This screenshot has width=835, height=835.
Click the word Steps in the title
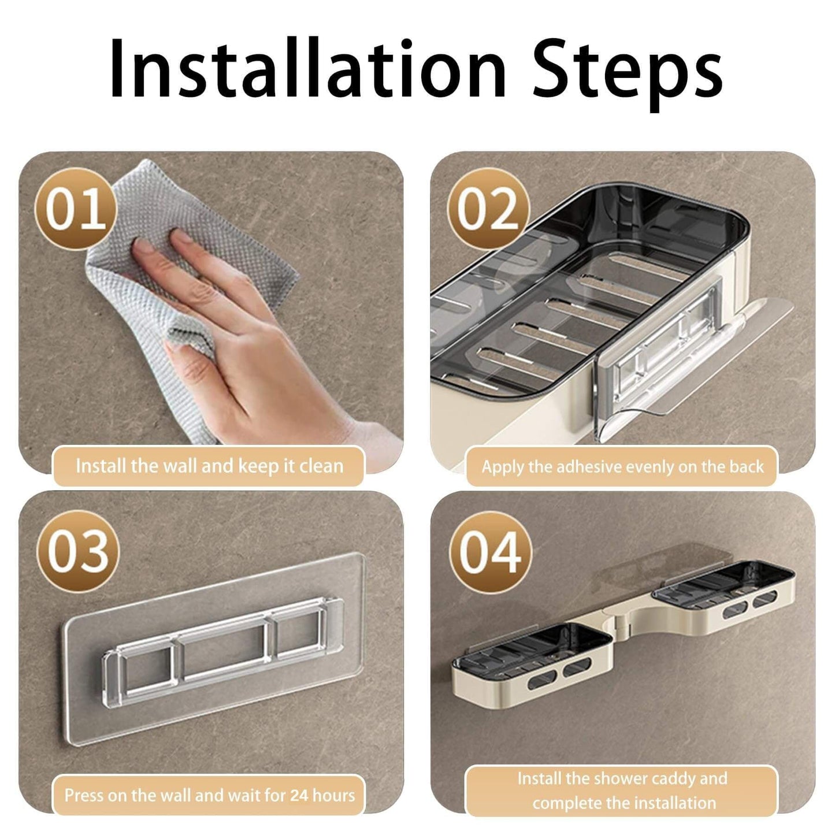click(628, 73)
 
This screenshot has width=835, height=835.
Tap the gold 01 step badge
click(76, 209)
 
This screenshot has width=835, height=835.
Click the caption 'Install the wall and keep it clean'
click(209, 466)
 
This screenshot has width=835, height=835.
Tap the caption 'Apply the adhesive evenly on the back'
click(622, 467)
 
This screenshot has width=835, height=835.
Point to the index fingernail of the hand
click(181, 236)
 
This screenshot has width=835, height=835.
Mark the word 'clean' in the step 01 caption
click(321, 466)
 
